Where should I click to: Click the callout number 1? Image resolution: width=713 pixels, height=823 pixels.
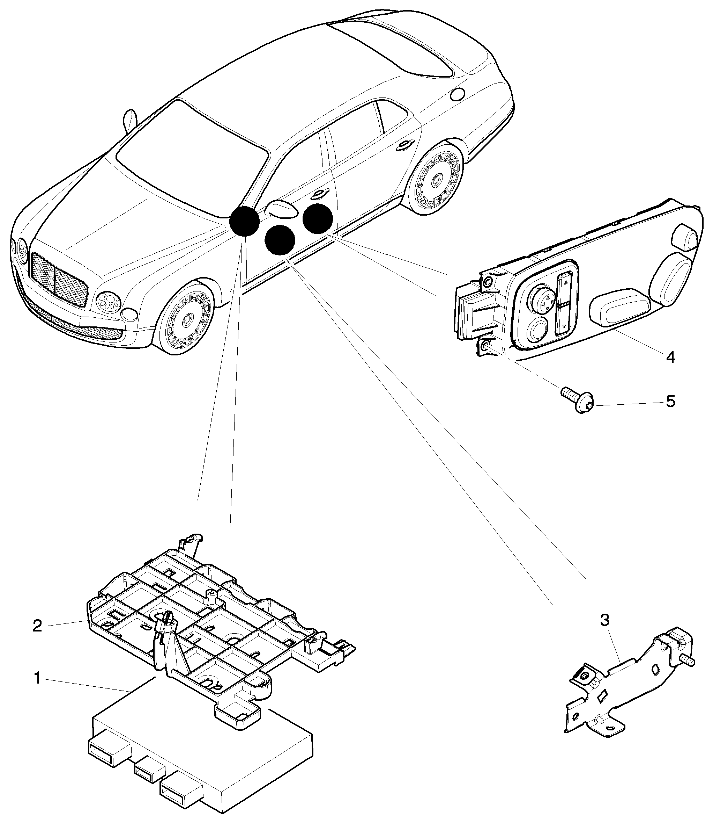(x=37, y=678)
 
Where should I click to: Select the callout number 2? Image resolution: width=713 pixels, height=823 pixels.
(x=37, y=626)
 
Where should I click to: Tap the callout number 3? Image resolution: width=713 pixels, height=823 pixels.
(x=604, y=620)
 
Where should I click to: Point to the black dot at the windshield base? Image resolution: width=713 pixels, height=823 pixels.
(x=244, y=221)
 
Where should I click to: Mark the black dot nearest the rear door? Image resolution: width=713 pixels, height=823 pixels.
(x=318, y=218)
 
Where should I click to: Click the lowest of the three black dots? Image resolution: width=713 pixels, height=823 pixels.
(x=280, y=239)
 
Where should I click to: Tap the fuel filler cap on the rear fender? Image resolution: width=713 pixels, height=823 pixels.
(x=458, y=94)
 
